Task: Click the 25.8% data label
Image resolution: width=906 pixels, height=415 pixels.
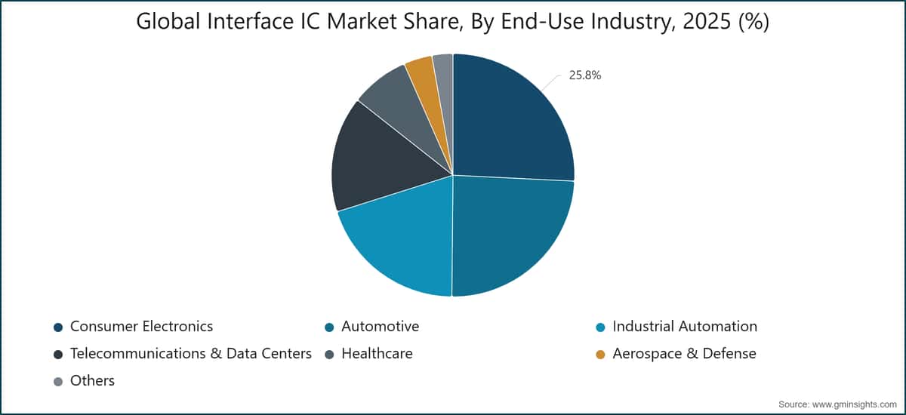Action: pos(585,75)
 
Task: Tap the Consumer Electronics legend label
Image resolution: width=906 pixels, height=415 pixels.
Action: pos(141,327)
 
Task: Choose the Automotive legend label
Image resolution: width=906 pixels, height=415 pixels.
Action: pos(381,327)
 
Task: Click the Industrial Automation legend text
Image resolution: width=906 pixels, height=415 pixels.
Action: pos(685,327)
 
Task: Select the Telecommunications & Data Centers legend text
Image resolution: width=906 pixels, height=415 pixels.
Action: pos(191,354)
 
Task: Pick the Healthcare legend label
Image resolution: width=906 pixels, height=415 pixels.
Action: pos(377,354)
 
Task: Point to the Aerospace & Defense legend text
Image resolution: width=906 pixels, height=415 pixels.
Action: pos(684,354)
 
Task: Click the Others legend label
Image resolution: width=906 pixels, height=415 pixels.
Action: pos(92,380)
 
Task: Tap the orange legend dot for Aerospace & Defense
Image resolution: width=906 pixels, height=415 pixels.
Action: pos(601,355)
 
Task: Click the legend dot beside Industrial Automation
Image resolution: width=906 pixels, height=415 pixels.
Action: pos(601,327)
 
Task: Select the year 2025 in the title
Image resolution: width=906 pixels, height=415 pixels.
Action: pos(707,21)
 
